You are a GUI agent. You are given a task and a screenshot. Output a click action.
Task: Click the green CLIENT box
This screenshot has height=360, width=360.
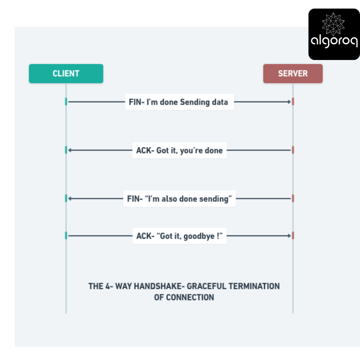click(x=66, y=73)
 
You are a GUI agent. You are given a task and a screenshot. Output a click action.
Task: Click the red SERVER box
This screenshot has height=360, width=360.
click(x=293, y=73)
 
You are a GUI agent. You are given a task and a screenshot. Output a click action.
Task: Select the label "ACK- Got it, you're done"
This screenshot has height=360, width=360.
click(x=179, y=150)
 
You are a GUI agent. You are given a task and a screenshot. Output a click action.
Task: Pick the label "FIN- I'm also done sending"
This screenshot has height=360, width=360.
click(x=179, y=199)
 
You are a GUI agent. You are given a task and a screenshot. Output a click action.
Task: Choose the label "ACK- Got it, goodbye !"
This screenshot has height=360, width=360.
click(x=179, y=236)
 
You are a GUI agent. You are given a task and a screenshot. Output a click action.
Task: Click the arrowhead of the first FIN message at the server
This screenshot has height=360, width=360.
click(x=289, y=102)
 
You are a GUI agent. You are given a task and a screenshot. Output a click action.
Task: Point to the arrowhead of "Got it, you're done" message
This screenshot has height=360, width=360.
click(x=70, y=150)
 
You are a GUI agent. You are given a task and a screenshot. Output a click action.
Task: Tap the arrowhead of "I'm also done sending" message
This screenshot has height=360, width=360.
click(x=70, y=199)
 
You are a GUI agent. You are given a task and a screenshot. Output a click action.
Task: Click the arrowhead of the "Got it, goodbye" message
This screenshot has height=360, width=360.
click(x=289, y=236)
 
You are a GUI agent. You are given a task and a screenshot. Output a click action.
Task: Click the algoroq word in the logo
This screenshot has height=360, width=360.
click(x=334, y=41)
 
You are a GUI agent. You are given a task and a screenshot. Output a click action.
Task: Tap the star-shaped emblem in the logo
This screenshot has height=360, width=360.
click(x=333, y=24)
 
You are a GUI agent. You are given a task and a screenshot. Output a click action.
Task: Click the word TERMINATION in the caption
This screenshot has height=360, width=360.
click(x=254, y=286)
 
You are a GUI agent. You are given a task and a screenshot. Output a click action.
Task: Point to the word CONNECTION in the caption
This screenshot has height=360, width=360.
click(x=190, y=297)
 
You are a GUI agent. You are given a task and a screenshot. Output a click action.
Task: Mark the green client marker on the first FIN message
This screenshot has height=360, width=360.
click(x=66, y=102)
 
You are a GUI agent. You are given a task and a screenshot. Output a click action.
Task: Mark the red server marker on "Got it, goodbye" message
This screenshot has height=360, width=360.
click(x=293, y=236)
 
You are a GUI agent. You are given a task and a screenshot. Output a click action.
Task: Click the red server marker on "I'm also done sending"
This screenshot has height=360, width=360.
click(x=293, y=199)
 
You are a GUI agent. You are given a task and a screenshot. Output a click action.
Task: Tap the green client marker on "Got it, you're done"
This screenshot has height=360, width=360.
click(x=66, y=150)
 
